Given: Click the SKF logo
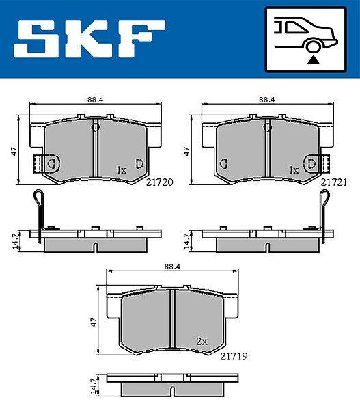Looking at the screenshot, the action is pos(89,39).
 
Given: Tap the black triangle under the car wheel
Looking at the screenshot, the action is pos(313,60).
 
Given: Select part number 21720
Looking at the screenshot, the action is pos(159,182).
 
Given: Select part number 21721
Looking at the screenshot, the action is pos(334,182).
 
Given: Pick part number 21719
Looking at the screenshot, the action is pos(234,356).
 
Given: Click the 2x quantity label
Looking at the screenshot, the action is pos(202,341).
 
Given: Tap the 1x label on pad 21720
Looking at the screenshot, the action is pos(122,170).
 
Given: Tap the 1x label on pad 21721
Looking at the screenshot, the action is pos(294,170).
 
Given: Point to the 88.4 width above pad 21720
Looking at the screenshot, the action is pos(96,100).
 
